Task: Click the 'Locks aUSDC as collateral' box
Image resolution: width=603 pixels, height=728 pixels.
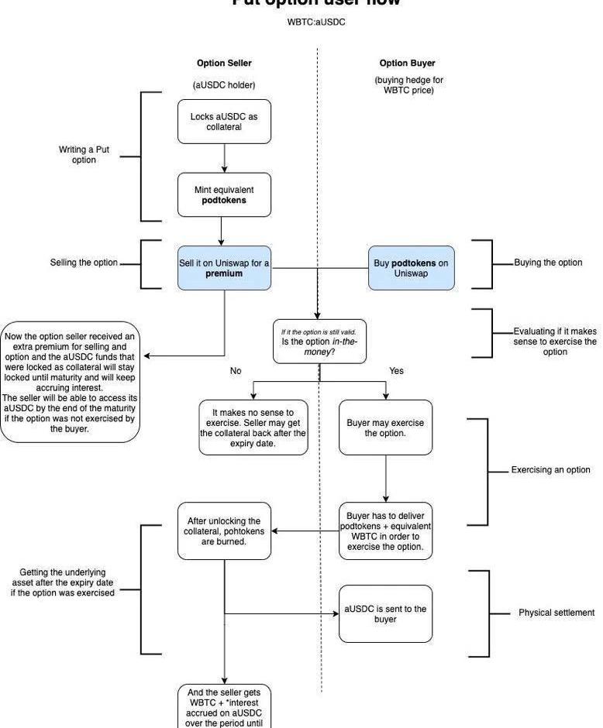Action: pos(224,122)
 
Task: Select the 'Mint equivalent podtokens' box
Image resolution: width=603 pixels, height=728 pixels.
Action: pos(224,194)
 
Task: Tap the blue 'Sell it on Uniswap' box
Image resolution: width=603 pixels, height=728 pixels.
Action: pos(224,268)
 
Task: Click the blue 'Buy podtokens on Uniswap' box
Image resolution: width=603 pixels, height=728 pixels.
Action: pos(411,268)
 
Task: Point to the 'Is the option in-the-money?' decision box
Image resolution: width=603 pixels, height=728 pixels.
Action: pos(319,342)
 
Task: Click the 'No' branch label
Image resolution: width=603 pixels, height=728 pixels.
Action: pos(236,371)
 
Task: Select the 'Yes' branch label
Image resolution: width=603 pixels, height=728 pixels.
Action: pos(396,371)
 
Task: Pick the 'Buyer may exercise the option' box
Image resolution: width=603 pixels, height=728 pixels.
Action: pos(385,428)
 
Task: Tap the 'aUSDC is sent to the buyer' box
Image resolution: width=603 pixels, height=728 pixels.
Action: pos(385,613)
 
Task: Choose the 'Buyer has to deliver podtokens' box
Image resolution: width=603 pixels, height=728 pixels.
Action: pos(385,531)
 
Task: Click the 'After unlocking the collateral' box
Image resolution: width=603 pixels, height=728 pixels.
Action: pos(224,531)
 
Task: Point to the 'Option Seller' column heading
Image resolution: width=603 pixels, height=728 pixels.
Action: pos(224,64)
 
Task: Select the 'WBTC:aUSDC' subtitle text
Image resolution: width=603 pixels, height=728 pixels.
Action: pos(316,22)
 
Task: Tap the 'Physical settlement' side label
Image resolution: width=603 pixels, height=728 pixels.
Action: pos(556,613)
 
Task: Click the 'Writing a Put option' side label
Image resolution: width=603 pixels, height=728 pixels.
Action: pos(78,155)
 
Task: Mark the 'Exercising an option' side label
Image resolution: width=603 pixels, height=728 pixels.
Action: pos(550,470)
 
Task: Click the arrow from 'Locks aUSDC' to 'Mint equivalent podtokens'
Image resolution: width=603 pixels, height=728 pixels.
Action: pos(224,158)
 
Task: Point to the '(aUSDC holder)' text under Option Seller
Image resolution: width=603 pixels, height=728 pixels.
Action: pos(224,84)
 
